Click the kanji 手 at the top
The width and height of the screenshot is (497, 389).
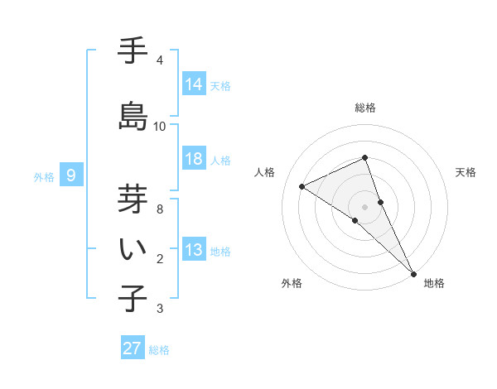coord(133,52)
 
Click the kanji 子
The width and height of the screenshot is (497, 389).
coord(133,297)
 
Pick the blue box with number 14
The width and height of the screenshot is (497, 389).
coord(194,84)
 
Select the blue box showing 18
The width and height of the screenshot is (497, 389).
coord(194,159)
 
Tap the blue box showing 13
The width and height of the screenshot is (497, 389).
coord(194,250)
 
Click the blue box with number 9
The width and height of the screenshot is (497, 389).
coord(71,175)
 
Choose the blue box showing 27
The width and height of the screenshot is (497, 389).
coord(133,348)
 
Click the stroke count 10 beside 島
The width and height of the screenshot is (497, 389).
coord(160,126)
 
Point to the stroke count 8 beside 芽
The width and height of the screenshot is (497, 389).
coord(160,209)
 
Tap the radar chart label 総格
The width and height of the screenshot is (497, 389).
coord(365,108)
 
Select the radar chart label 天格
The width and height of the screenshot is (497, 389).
coord(466,172)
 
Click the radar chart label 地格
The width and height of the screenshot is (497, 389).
coord(434,283)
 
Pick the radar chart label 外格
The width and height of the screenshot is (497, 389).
coord(292,283)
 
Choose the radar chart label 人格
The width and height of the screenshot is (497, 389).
coord(265,172)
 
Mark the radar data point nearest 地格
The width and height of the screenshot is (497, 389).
coord(413,273)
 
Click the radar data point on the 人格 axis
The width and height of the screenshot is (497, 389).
coord(302,186)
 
